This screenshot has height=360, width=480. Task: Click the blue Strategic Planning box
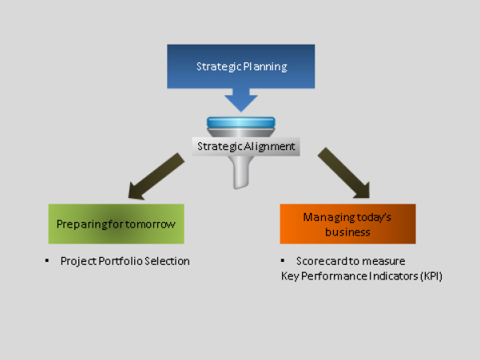(x=240, y=65)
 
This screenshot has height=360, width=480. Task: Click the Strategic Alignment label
(x=246, y=146)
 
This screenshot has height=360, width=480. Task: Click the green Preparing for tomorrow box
(x=116, y=224)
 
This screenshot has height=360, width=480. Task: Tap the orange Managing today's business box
(x=347, y=224)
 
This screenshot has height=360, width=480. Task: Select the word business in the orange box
(x=348, y=232)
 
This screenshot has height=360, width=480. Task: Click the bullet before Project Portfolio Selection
(x=46, y=261)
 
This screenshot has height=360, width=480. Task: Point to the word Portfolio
(x=117, y=261)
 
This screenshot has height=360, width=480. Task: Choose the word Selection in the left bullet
(x=166, y=261)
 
